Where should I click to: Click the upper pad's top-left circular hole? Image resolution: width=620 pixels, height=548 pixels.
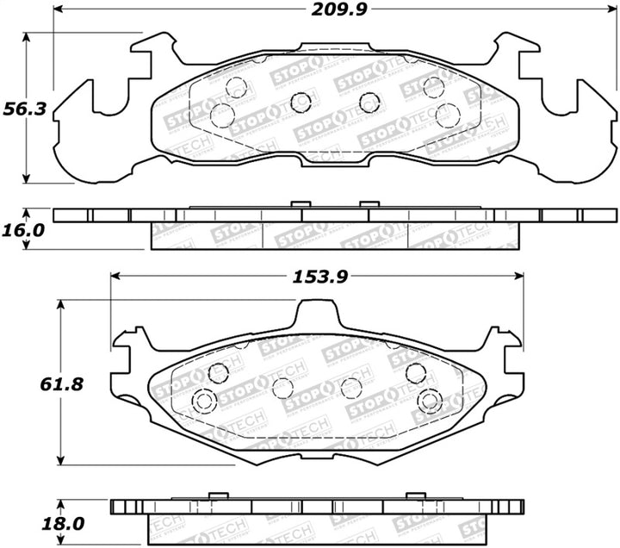(237, 87)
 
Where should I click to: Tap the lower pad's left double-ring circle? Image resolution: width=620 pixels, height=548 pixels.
(205, 401)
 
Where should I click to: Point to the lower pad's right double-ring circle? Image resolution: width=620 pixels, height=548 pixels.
(429, 402)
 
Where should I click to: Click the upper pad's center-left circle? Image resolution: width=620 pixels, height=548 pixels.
(301, 103)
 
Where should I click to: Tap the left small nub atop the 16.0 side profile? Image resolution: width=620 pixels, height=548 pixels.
(299, 204)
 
